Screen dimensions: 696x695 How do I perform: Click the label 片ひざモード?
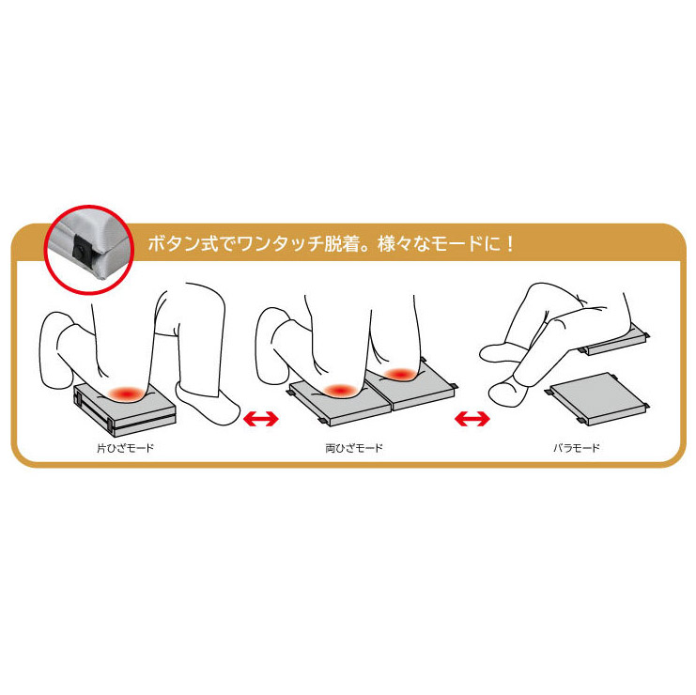125,448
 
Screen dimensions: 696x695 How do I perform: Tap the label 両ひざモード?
354,448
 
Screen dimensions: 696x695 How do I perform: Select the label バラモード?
576,448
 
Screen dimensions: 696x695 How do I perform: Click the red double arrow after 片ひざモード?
261,419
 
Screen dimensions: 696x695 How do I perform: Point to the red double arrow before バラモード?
472,419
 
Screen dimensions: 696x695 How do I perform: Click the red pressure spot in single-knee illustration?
127,393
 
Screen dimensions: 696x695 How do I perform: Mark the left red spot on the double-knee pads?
340,391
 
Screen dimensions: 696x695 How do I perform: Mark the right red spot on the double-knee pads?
400,375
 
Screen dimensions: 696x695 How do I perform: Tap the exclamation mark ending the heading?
510,243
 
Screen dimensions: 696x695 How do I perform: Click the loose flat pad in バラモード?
597,398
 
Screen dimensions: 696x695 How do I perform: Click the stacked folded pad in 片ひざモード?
125,409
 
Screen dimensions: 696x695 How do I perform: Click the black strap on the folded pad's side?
109,424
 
